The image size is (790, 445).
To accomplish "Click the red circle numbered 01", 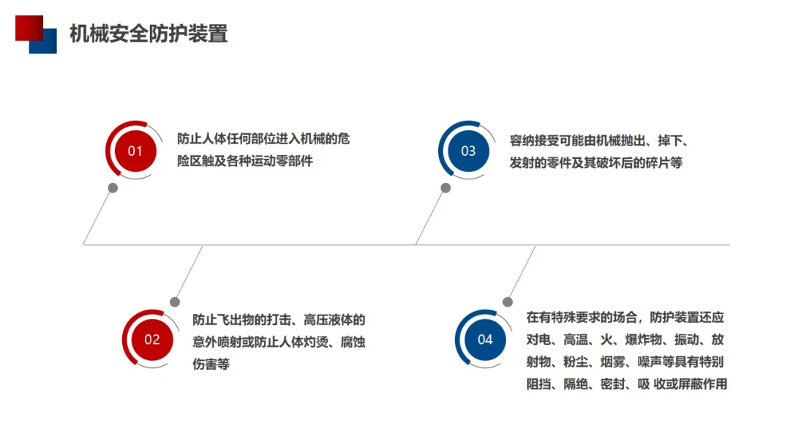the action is tap(135, 151).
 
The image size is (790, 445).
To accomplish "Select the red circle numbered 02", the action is tap(151, 339).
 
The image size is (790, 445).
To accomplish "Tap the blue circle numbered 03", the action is tap(468, 151).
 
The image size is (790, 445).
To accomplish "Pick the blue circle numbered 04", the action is tap(485, 339).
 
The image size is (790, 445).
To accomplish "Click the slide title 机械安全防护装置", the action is tap(148, 34).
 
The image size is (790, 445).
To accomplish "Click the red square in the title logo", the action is tap(28, 26).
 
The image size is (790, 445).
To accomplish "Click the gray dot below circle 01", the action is tap(113, 188).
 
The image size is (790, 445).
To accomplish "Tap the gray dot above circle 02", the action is tap(175, 302).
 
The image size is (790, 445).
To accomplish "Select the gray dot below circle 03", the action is tap(445, 188).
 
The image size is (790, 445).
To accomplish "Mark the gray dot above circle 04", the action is tap(508, 302).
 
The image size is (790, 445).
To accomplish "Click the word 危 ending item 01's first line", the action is tap(344, 139).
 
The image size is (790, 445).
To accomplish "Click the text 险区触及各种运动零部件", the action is tap(245, 161).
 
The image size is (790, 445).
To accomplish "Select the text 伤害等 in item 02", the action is tap(211, 364).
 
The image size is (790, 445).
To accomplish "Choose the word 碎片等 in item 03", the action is tap(661, 162).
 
